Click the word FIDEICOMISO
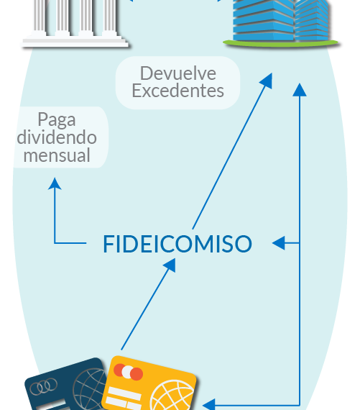[177, 244]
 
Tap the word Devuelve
[178, 73]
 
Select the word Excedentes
[178, 91]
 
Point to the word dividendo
[57, 137]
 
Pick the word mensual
[57, 155]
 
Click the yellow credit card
[149, 383]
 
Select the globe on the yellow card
[172, 396]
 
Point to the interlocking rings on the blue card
[43, 386]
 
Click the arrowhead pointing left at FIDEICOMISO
[279, 243]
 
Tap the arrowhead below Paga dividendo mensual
[55, 183]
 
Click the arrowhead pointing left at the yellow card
[209, 404]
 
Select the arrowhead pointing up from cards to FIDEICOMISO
[170, 265]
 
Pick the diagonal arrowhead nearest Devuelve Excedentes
[266, 81]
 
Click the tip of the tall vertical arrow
[300, 83]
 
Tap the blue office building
[281, 20]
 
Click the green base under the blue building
[281, 43]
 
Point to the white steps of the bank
[75, 42]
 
